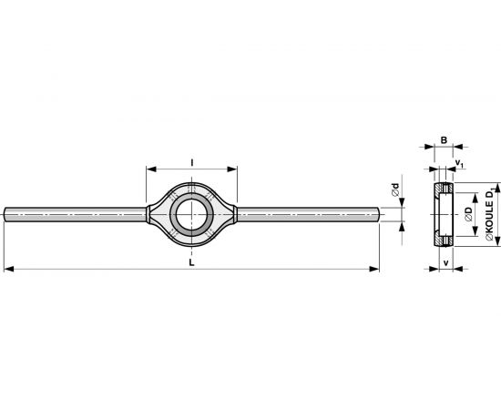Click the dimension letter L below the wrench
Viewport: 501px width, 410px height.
191,262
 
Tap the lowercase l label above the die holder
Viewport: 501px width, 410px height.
191,163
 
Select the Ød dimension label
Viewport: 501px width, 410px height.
395,190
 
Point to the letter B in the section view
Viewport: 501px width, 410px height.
444,140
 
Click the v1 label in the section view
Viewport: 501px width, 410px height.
459,163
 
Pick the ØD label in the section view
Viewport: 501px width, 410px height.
469,214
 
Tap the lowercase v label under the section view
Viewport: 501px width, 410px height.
446,263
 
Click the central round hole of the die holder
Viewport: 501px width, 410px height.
191,214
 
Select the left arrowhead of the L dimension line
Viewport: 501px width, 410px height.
8,269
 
